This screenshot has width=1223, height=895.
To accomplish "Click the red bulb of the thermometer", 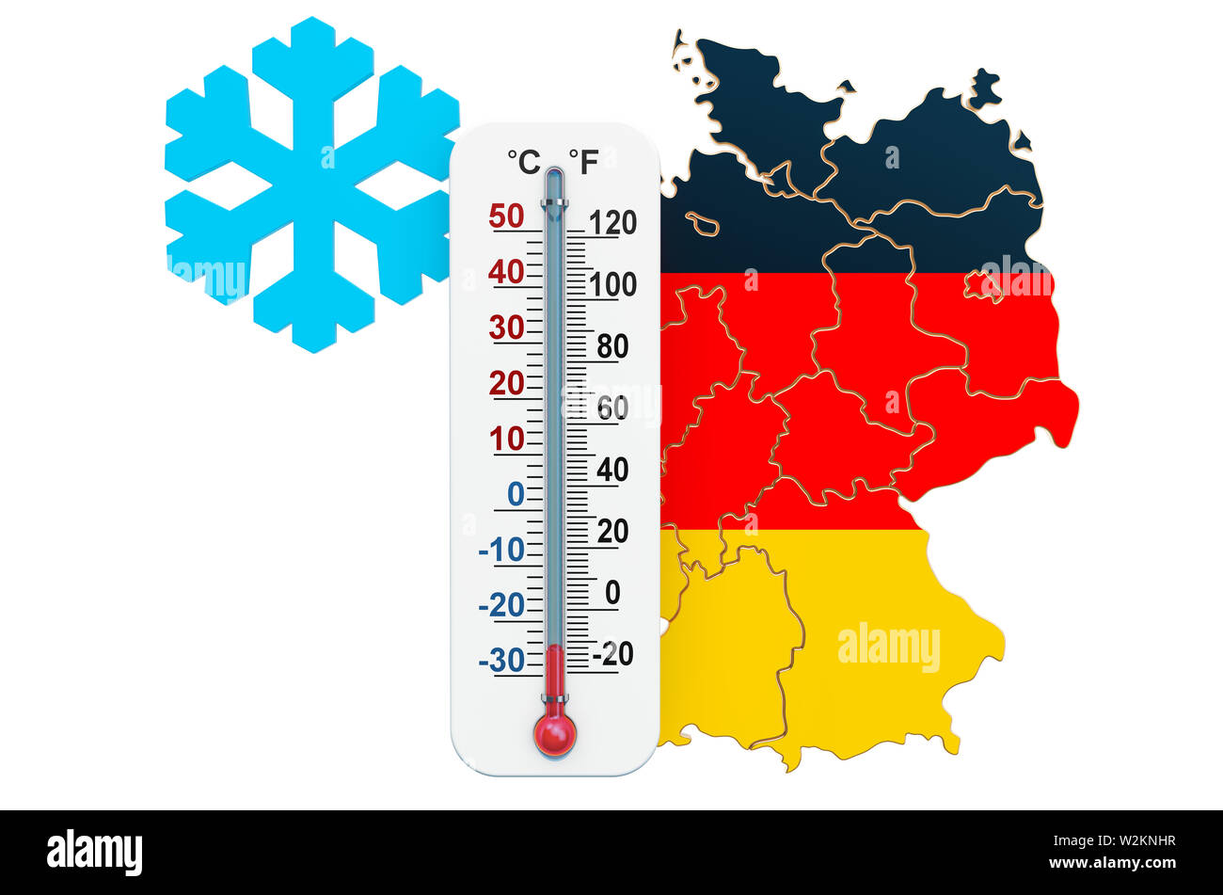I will coord(555,733).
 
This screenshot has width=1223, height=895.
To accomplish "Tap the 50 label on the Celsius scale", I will coord(506,216).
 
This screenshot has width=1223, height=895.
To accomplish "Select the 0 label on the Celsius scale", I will coord(516,493).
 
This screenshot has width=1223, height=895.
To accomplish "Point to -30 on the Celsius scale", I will coord(501,661).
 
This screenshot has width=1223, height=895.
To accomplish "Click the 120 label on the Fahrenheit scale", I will coord(612,223).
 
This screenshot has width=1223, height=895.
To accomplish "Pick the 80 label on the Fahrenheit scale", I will coord(612,346).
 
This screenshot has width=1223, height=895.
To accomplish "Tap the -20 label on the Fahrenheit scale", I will coord(612,652).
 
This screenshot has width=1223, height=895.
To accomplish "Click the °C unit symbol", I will coord(524,162).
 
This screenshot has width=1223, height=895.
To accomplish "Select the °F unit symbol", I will coord(583,162).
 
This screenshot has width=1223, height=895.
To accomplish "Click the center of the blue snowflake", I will coord(312,184).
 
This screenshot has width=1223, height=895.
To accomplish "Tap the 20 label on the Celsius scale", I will coord(506,383).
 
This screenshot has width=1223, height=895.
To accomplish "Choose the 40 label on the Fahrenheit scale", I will coord(612,470).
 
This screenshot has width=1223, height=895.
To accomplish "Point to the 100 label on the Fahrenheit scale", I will coord(612,284).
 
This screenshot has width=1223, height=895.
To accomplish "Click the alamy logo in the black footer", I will coord(94,852).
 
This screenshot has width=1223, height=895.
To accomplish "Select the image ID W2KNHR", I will coord(1132,842).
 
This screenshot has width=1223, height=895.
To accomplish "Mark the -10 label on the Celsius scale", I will coord(501,550).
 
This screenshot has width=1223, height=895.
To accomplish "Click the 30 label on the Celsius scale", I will coord(506,328).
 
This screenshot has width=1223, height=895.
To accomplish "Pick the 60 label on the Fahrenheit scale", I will coord(612,408).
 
